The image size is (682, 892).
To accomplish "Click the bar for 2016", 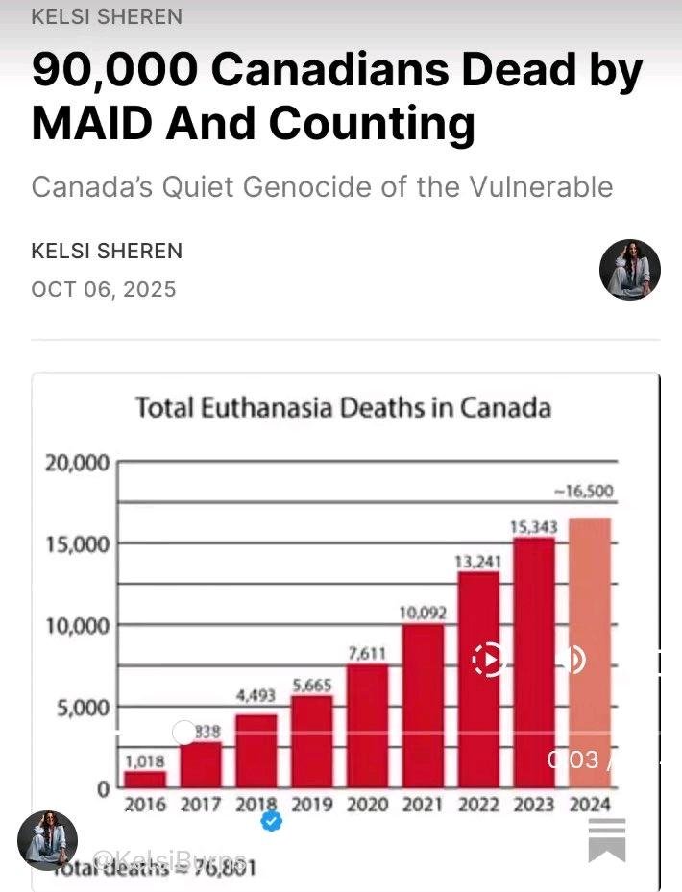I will [x=145, y=778].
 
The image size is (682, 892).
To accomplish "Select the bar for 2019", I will [x=312, y=740].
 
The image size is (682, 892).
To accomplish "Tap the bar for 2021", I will [x=423, y=705].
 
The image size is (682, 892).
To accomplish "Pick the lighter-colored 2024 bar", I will [x=590, y=653].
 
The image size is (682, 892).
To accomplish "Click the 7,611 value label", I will [x=367, y=654].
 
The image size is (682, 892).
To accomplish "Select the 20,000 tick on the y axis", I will [x=78, y=463].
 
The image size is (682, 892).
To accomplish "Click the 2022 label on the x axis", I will [x=478, y=805].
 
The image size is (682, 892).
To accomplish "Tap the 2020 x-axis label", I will [x=367, y=805].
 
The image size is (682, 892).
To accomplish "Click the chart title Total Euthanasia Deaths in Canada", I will [x=343, y=408].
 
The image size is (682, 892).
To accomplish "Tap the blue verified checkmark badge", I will [x=272, y=821].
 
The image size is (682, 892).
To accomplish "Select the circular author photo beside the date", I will [x=630, y=270].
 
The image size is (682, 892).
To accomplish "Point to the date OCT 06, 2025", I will [x=104, y=289].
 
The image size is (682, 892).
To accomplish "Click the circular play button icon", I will [x=489, y=660].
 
